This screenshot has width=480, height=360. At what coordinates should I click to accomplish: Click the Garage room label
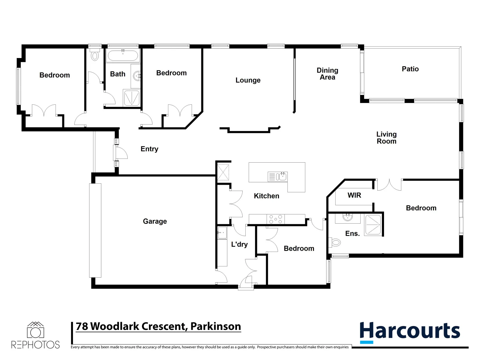pos(155,221)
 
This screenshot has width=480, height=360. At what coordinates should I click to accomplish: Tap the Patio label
pos(410,69)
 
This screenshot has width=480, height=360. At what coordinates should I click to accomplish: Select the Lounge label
pos(248,80)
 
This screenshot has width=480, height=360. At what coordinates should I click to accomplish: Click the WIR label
pos(354,195)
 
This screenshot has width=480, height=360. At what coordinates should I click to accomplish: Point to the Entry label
pos(149,149)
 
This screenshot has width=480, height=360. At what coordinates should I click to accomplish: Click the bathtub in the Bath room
pos(123,56)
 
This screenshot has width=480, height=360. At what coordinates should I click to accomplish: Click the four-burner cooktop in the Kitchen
pos(276,219)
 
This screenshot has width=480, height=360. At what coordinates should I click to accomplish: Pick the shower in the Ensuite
pos(373,225)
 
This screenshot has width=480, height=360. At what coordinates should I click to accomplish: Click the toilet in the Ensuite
pos(335,242)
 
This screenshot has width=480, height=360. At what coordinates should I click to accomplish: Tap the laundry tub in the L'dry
pos(222,233)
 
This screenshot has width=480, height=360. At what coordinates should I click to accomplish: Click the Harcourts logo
pos(410,332)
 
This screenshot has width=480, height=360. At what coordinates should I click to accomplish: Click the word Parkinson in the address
pos(216,326)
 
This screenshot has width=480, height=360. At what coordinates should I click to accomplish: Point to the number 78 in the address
pos(82,326)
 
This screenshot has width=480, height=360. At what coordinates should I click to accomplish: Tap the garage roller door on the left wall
pos(95,230)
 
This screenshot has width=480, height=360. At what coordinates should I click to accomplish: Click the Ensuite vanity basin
pos(348,218)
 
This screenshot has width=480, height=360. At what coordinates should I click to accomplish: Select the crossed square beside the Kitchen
pos(223,172)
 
